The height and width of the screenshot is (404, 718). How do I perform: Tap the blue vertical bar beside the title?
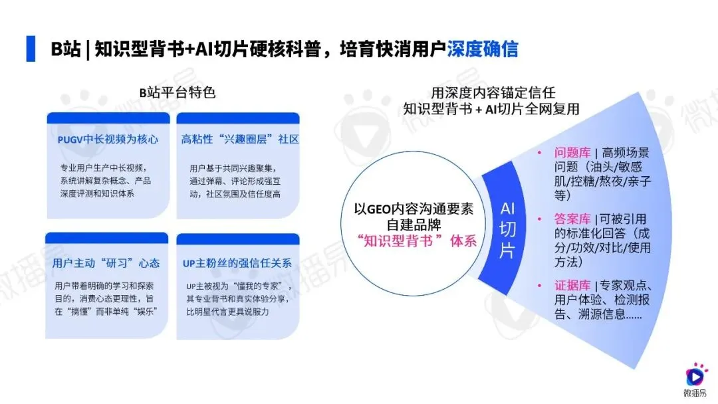click(31, 49)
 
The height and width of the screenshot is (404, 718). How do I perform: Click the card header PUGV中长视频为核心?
click(107, 140)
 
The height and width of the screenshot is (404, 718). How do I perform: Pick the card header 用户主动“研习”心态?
click(106, 262)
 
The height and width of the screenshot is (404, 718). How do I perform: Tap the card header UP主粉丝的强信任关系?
click(237, 262)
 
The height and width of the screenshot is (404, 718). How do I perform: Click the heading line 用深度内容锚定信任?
click(493, 93)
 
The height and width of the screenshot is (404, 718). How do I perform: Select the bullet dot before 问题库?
click(540, 153)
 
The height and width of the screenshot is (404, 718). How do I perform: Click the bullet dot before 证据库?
click(540, 286)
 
